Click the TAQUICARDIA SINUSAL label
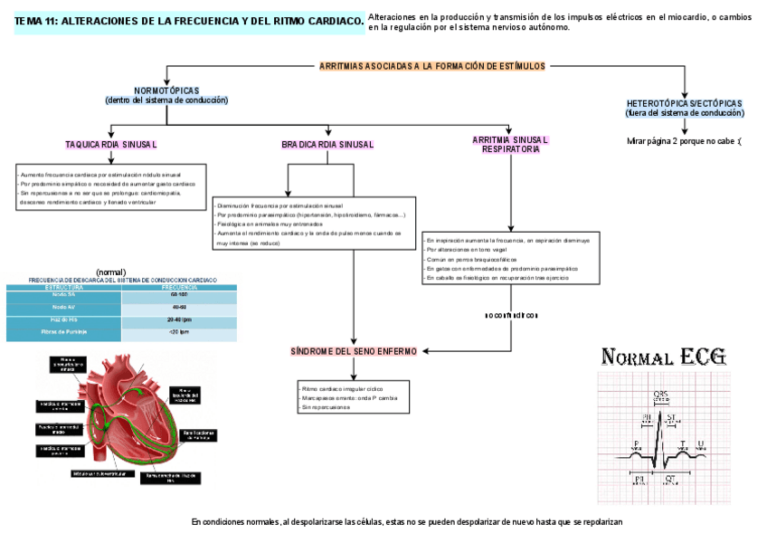[x=111, y=145]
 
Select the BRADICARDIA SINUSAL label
[x=327, y=145]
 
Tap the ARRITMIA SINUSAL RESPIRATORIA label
[x=510, y=145]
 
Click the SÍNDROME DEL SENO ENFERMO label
[x=354, y=350]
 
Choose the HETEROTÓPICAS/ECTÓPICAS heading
[x=684, y=103]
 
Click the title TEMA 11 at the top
[x=189, y=21]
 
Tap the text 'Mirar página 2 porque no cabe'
[x=684, y=141]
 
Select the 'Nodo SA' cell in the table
[x=64, y=296]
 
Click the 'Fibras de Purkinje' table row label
[x=64, y=334]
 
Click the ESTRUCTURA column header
[x=64, y=287]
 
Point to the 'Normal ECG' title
[x=664, y=357]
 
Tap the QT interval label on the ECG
[x=669, y=479]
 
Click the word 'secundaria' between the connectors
[x=512, y=315]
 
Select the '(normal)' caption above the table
[x=111, y=271]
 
